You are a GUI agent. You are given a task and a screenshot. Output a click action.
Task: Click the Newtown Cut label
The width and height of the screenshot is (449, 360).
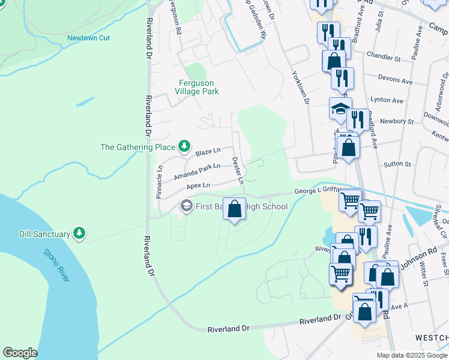pos(88,38)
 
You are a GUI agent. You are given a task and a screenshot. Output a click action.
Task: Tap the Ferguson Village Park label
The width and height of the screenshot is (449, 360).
pos(196,87)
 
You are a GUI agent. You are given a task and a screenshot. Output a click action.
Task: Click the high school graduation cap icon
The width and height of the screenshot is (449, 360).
pos(186,206)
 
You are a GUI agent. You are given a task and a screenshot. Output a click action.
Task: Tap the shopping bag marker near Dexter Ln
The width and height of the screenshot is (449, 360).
pos(235,209)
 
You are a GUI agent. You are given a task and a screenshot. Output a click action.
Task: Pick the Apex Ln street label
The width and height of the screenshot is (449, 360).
pos(198,186)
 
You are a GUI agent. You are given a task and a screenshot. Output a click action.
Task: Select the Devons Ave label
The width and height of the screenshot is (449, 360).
pos(395,80)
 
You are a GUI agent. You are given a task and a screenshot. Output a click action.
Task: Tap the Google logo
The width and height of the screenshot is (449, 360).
pos(20,353)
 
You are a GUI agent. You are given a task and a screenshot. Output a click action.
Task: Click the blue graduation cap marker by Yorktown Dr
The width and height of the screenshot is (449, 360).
pos(340,110)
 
